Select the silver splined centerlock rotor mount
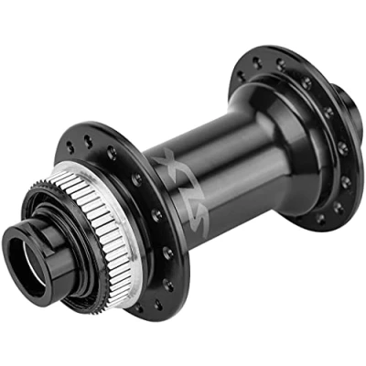101,231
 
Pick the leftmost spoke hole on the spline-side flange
70,147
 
